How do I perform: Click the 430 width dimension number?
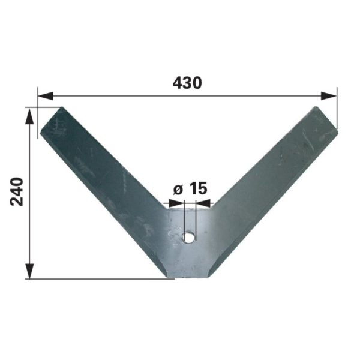click(x=187, y=83)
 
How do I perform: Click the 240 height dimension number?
click(x=17, y=191)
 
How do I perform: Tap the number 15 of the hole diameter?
click(x=199, y=188)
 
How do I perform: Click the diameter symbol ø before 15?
click(x=178, y=190)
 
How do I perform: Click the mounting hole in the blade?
click(x=188, y=237)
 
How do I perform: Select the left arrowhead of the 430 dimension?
click(x=46, y=96)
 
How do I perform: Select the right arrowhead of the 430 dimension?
click(x=329, y=96)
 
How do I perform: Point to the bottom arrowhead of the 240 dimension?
click(x=29, y=271)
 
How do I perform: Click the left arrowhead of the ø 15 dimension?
click(x=176, y=203)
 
